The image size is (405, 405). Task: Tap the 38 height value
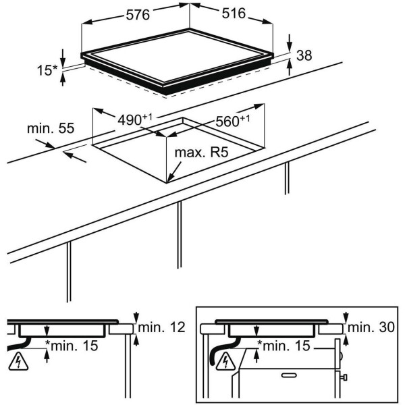304,56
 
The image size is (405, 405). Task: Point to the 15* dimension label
46,69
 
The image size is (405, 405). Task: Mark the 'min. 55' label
49,128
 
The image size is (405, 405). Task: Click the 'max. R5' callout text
201,153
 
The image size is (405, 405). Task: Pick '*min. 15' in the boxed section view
283,346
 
